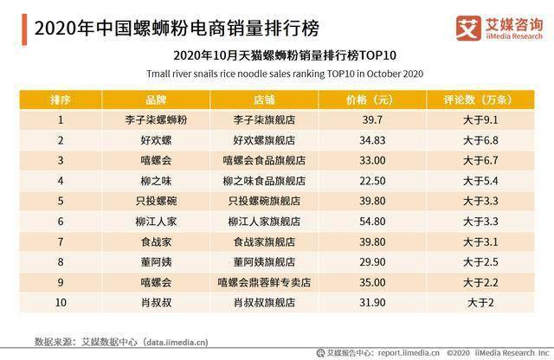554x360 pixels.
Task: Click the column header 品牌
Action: (x=157, y=100)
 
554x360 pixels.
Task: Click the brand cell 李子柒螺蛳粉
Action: (x=157, y=120)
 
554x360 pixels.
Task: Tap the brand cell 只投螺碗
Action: (x=157, y=200)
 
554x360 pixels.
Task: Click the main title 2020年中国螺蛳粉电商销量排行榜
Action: (x=164, y=27)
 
